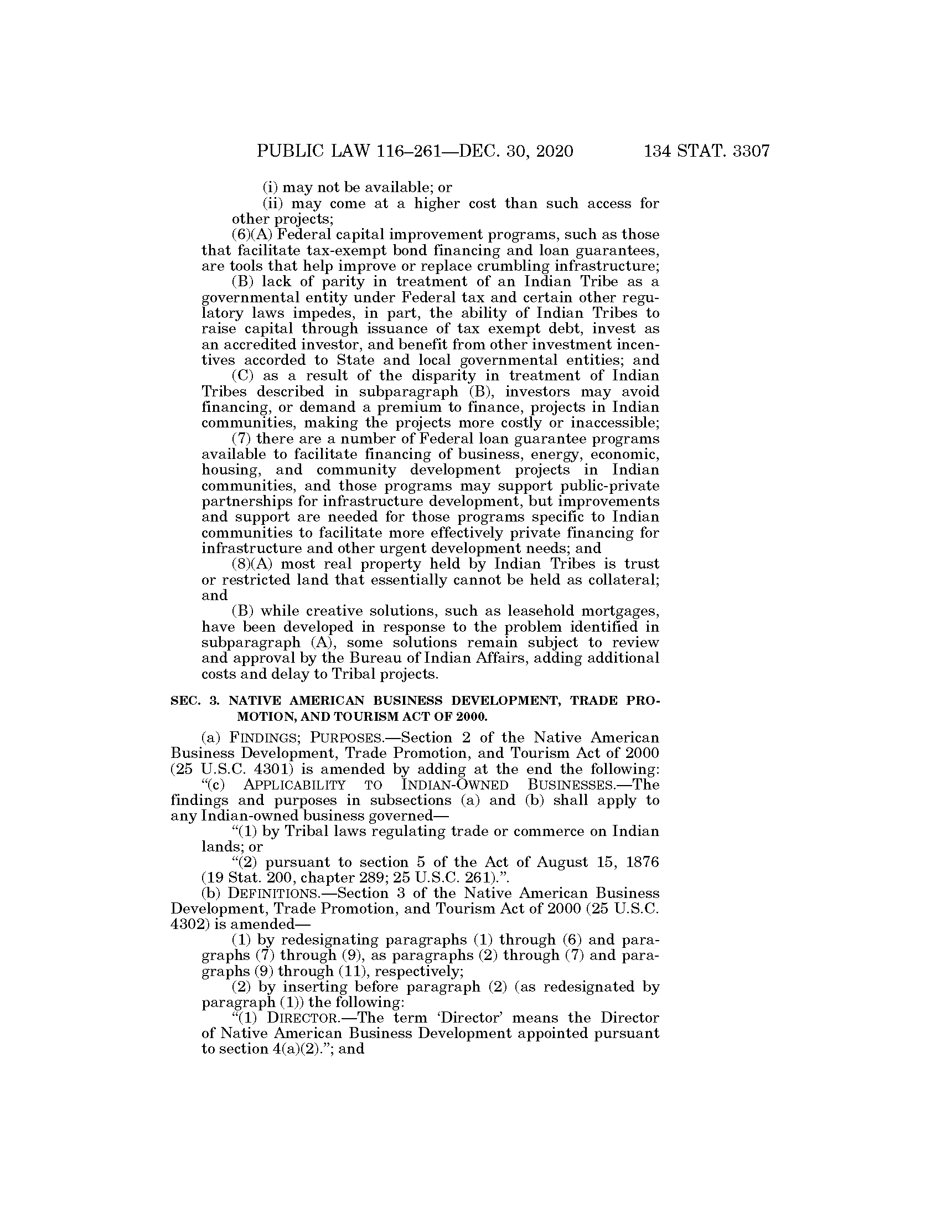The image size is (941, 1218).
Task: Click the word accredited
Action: pos(265,345)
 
